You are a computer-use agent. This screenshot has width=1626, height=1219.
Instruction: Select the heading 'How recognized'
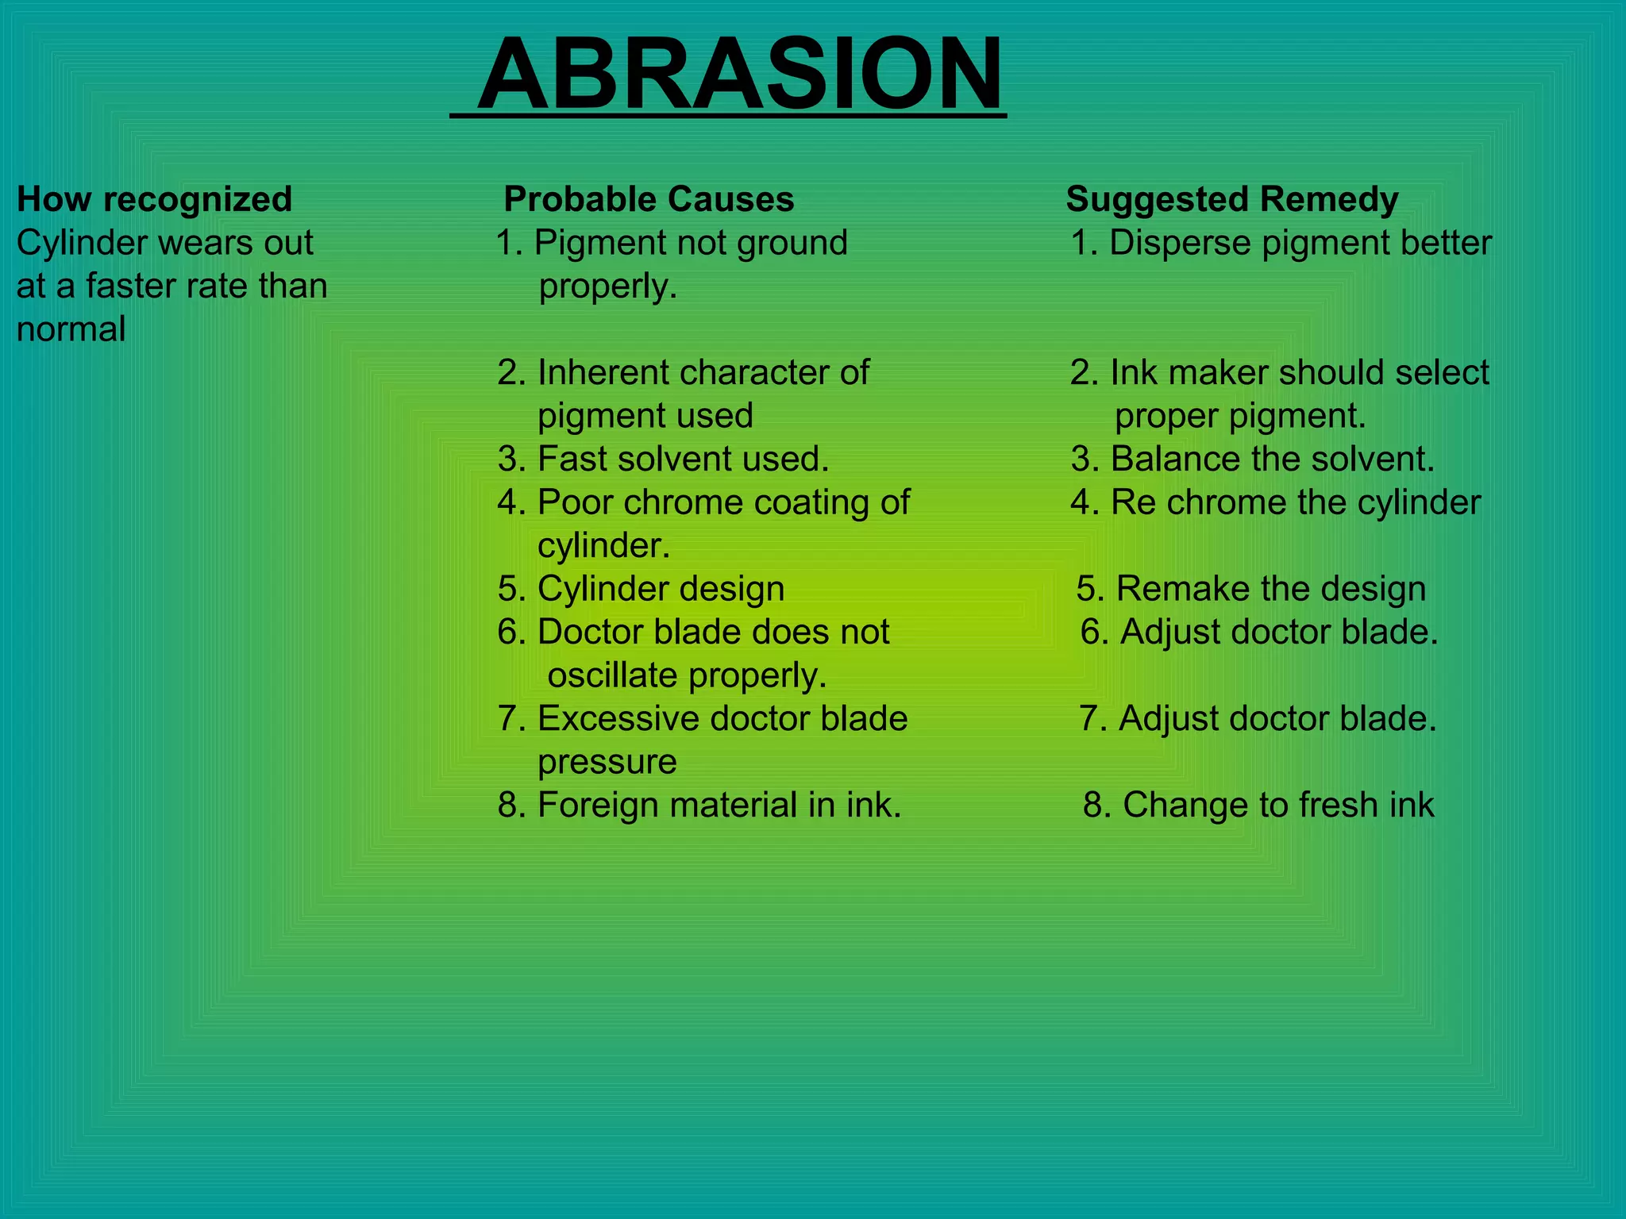[x=155, y=199]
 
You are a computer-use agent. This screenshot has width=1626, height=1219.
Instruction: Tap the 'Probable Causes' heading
[x=649, y=199]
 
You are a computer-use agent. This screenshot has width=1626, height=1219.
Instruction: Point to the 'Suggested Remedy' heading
[x=1231, y=199]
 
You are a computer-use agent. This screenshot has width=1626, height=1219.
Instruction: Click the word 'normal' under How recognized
[x=71, y=329]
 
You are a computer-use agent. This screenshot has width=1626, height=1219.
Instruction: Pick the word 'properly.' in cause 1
[x=607, y=286]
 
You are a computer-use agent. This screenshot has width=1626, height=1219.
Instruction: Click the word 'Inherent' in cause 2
[x=603, y=372]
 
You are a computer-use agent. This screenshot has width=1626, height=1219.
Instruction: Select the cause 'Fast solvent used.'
[x=664, y=459]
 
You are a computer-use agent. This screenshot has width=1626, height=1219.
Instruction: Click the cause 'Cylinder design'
[x=642, y=589]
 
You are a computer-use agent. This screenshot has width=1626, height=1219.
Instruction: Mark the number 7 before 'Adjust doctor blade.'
[x=1088, y=718]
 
